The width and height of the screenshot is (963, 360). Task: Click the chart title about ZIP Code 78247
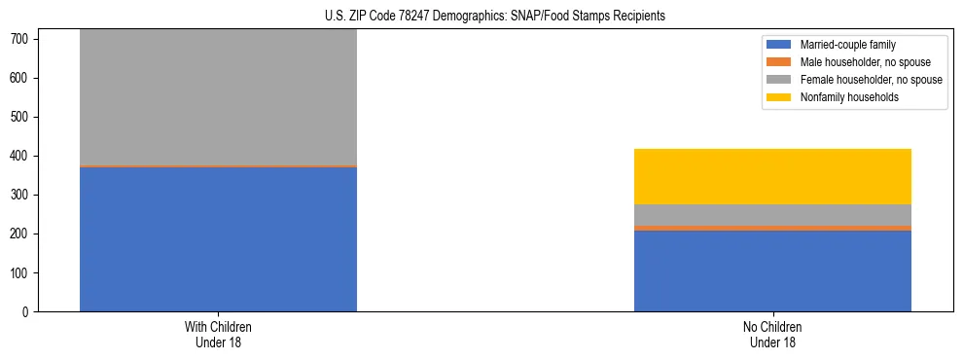point(495,17)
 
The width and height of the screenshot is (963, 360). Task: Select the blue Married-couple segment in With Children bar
point(218,239)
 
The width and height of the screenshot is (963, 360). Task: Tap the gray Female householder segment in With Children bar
point(218,97)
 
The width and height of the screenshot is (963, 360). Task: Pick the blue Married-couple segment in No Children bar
point(772,271)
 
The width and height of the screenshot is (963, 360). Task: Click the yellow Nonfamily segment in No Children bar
point(772,176)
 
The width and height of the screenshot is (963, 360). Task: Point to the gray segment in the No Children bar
point(772,215)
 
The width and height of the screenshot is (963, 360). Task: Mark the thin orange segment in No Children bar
point(772,229)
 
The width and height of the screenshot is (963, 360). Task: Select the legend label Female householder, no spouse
point(871,80)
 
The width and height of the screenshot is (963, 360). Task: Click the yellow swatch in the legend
point(779,97)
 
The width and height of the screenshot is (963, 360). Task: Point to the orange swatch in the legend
point(779,62)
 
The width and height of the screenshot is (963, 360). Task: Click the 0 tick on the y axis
point(27,312)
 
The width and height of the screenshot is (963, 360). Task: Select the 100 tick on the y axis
point(21,273)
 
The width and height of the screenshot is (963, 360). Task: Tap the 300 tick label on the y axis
point(21,196)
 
